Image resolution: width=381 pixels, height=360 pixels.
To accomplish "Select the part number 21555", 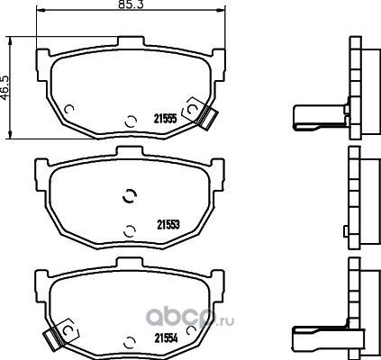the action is click(x=165, y=119).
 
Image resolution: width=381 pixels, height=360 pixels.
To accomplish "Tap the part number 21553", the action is click(x=168, y=225).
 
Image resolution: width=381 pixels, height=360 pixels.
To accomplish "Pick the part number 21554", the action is click(x=167, y=338).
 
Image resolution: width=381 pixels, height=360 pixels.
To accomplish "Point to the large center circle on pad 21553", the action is click(x=130, y=196).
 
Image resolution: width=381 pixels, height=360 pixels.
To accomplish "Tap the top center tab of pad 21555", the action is click(x=131, y=41).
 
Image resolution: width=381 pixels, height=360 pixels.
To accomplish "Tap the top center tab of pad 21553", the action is click(x=131, y=150).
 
